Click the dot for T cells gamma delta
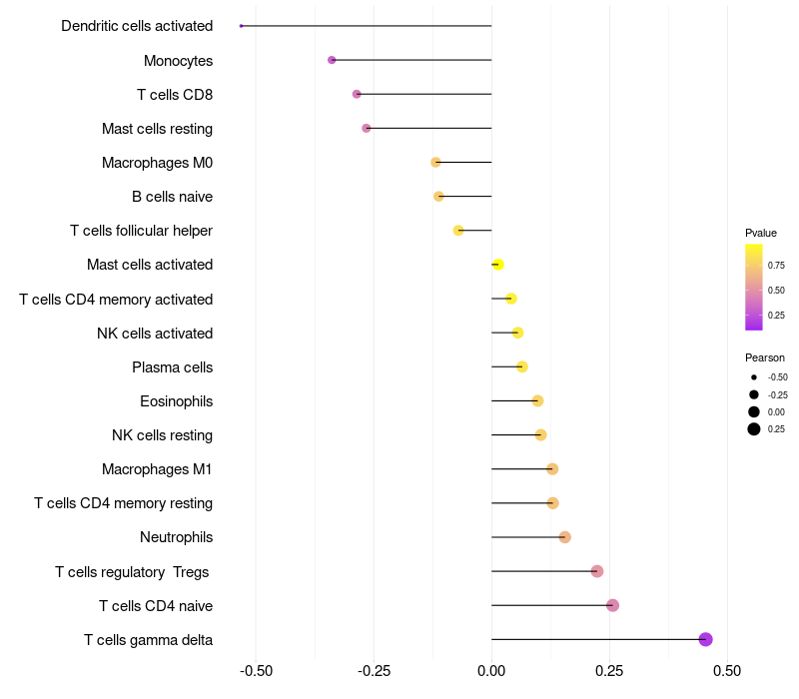coord(705,639)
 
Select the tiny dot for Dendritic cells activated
coord(241,26)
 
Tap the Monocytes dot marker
coord(332,60)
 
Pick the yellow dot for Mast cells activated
coord(498,265)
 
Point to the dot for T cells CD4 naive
coord(612,605)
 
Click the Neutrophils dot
coord(564,537)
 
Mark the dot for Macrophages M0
coord(435,163)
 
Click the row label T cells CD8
coord(175,95)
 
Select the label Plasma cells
coord(172,367)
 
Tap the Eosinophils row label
coord(177,401)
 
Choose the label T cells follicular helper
coord(141,231)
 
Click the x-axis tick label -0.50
coord(256,671)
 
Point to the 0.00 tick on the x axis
coord(491,671)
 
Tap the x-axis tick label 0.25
coord(609,671)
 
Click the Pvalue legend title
coord(761,233)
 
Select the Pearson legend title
coord(765,357)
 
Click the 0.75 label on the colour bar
coord(776,266)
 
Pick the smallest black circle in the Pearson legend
coord(754,377)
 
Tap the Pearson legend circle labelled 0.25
coord(754,429)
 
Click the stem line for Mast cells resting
coord(429,129)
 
